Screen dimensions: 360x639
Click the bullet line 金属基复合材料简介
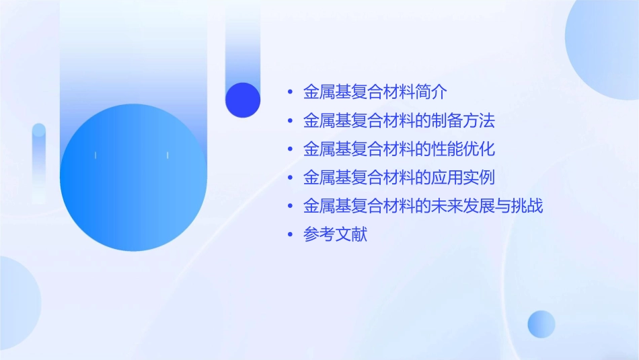tap(375, 92)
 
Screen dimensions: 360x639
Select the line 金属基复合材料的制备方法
tap(399, 121)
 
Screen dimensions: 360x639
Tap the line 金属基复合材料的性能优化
tap(399, 149)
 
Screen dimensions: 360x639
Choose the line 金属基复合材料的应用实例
tap(399, 178)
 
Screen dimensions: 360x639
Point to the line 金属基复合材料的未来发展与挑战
tap(423, 207)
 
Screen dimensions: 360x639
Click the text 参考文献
tap(335, 236)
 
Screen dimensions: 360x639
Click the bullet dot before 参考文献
tap(290, 236)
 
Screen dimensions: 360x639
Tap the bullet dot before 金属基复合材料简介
tap(290, 92)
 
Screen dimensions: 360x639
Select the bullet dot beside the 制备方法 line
tap(290, 121)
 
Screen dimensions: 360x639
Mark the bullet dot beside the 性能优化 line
tap(290, 149)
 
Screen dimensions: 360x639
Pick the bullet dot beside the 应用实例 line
tap(290, 178)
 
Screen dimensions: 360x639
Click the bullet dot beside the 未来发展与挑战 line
tap(290, 207)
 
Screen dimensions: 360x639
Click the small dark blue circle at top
tap(243, 100)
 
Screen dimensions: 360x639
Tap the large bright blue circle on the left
tap(133, 178)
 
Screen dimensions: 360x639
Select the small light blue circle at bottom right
tap(541, 324)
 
